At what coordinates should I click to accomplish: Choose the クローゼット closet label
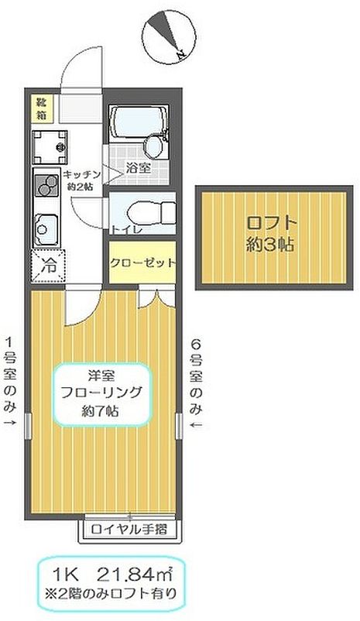coord(142,262)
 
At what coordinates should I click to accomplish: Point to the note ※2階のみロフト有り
coord(115,595)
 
